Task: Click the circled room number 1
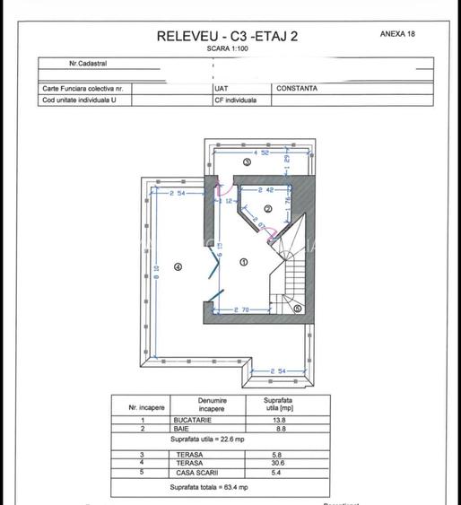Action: [244, 262]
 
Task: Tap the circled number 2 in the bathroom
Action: [267, 208]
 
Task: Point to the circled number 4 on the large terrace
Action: [178, 266]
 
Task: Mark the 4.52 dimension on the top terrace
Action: [261, 153]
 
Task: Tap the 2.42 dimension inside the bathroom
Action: [266, 190]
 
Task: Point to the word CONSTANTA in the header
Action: [297, 89]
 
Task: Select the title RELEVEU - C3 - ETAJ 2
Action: [228, 36]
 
